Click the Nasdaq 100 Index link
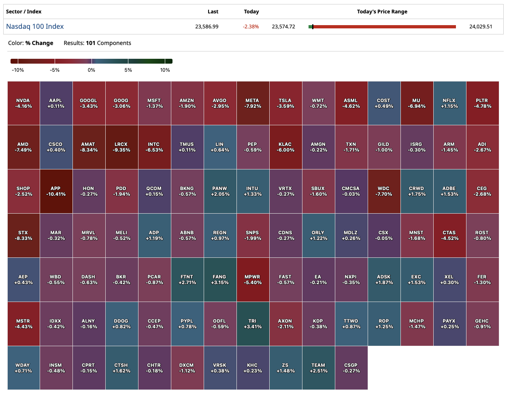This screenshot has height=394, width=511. point(35,26)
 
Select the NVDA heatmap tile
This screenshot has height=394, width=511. point(23,103)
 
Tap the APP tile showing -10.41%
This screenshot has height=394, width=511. point(56,191)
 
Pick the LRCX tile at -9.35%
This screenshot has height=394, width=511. point(121,147)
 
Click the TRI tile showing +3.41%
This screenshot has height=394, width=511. point(253,323)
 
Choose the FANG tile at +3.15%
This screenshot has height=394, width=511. point(220,279)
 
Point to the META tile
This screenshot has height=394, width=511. point(253,103)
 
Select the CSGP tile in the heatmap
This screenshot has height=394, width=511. point(351,368)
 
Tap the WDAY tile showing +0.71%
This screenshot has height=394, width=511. point(23,368)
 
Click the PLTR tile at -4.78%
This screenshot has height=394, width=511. point(482,103)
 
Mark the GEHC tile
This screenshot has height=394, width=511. point(482,323)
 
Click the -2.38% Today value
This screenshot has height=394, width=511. point(251,27)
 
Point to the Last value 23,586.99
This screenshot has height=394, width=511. point(207,27)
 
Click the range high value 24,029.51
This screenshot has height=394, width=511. point(481,27)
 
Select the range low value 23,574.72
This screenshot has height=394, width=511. point(283,27)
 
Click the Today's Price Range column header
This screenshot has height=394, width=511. point(382,12)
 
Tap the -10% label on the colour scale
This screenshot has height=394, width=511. point(18,70)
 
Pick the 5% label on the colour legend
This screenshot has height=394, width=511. point(128,70)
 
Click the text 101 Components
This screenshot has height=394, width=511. point(108,43)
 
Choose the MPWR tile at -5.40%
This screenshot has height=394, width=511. point(253,279)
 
